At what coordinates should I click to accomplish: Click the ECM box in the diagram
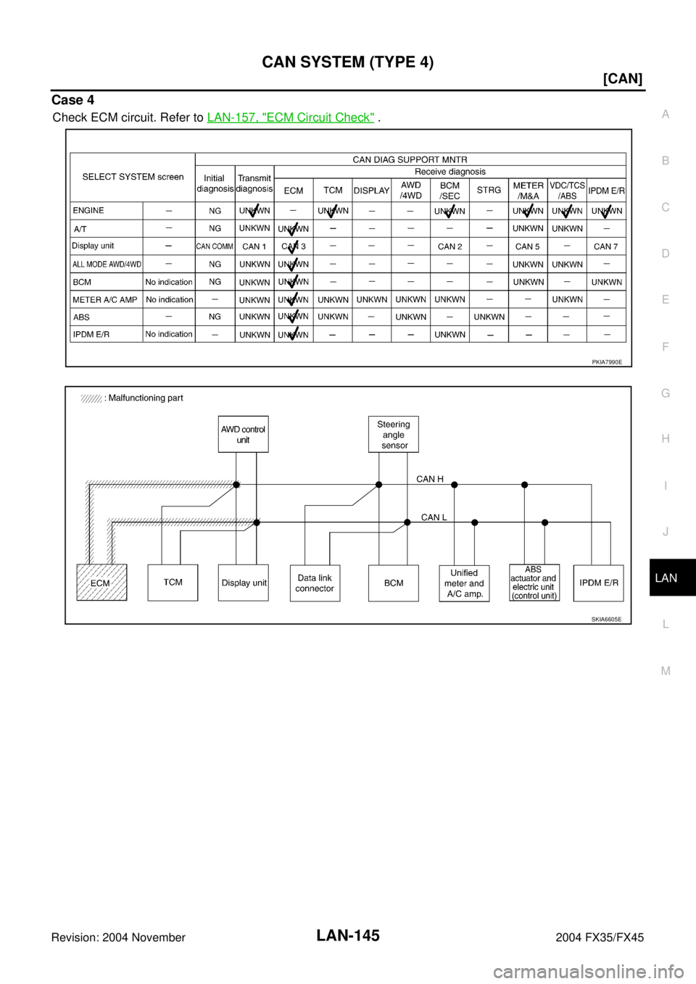pos(102,582)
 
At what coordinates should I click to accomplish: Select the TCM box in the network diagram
pos(173,582)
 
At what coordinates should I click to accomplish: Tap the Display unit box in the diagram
pos(244,583)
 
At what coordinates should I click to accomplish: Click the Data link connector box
pos(315,583)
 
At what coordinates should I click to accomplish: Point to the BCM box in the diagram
pos(394,583)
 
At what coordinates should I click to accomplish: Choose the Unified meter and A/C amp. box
pos(464,583)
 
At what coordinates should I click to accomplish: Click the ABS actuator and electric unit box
pos(534,583)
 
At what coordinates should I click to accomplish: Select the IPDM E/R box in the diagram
pos(599,583)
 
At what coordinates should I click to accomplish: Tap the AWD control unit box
pos(243,434)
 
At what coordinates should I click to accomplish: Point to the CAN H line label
pos(430,479)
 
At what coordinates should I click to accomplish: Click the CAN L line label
pos(434,517)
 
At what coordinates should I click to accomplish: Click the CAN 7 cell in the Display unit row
pos(606,246)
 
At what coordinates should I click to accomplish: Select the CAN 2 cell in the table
pos(450,246)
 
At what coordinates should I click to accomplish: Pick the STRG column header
pos(489,190)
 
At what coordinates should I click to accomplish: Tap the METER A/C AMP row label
pos(104,299)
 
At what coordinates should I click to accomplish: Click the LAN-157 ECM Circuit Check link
pos(290,117)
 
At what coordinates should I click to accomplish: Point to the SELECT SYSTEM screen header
pos(133,177)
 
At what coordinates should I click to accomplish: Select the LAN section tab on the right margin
pos(666,578)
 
